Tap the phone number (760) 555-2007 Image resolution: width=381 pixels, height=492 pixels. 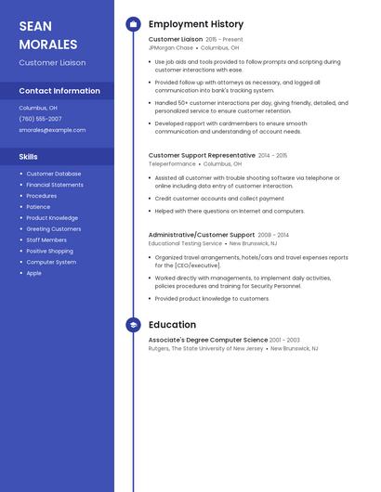point(40,119)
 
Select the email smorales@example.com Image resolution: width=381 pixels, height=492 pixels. point(52,130)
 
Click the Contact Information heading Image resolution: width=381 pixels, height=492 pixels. point(59,91)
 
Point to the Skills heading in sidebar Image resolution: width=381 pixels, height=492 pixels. point(28,157)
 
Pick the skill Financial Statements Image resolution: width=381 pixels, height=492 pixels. point(55,185)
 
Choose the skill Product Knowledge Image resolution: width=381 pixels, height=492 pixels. point(52,218)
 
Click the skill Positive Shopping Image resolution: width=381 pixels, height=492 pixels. point(49,251)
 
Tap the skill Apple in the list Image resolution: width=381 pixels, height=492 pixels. point(33,273)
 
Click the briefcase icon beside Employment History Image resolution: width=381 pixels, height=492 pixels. point(133,24)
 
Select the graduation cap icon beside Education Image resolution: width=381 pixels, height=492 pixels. point(133,325)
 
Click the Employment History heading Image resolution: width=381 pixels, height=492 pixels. point(196,24)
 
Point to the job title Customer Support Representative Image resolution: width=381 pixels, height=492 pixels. point(202,156)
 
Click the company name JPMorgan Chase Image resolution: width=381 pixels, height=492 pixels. point(171,47)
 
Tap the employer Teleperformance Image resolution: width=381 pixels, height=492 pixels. point(173,163)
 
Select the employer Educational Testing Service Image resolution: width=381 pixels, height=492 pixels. point(185,243)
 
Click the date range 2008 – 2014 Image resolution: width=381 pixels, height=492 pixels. point(273,236)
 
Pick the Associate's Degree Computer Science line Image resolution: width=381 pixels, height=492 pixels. point(207,341)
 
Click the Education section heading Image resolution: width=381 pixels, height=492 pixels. point(172,325)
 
